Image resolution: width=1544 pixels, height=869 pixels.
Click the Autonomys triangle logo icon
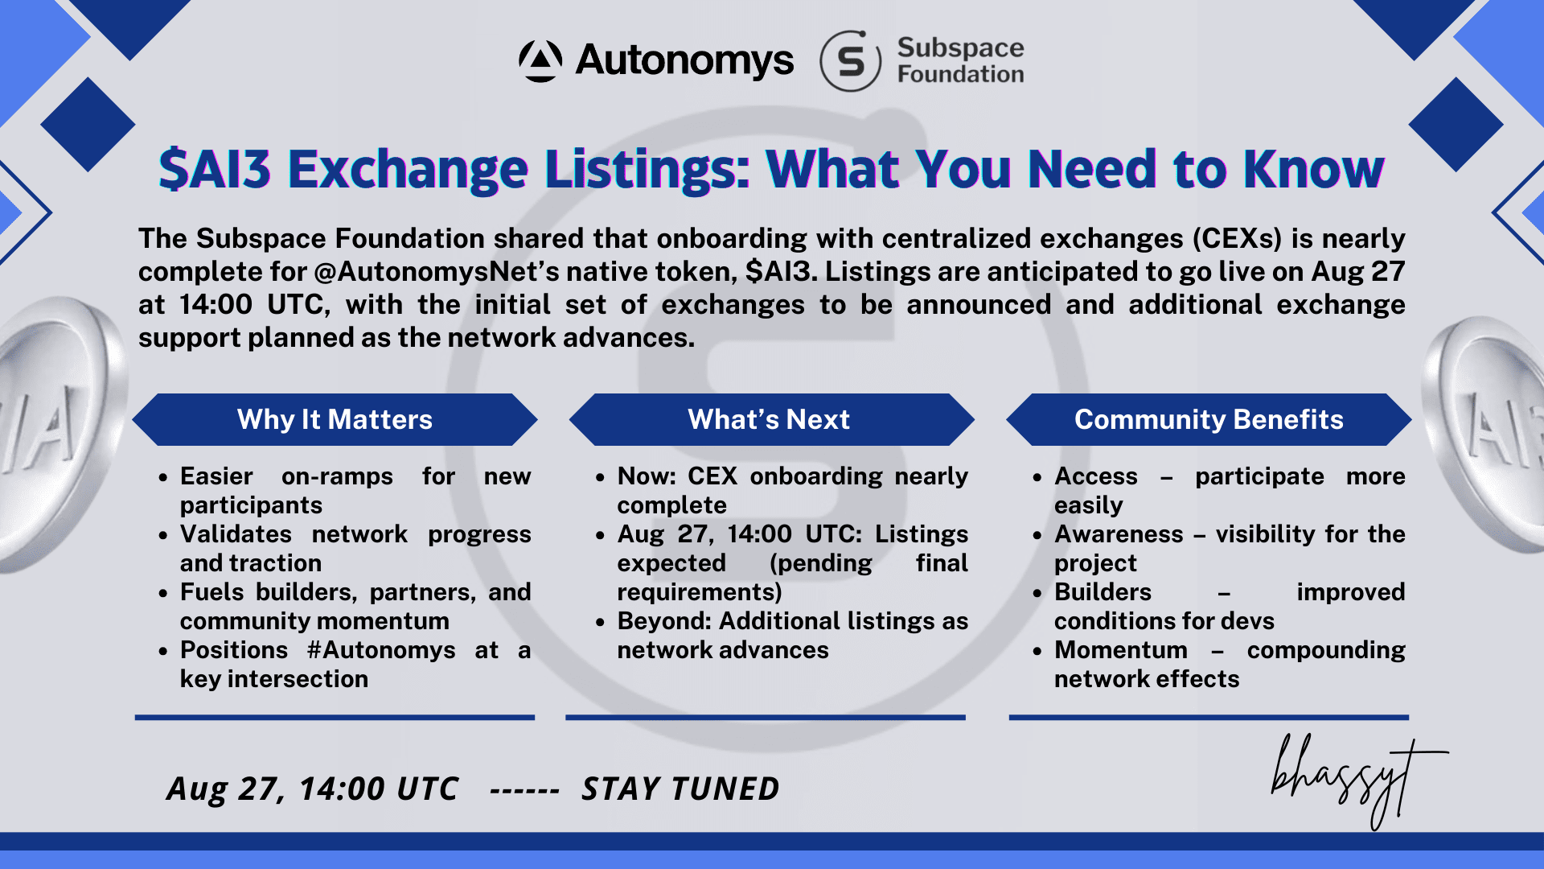pyautogui.click(x=540, y=61)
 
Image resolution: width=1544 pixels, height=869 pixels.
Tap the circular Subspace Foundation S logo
pyautogui.click(x=851, y=61)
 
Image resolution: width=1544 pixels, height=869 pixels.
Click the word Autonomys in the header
pyautogui.click(x=684, y=60)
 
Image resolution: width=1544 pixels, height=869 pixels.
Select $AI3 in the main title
pyautogui.click(x=215, y=170)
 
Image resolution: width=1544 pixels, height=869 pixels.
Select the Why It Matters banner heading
pyautogui.click(x=335, y=419)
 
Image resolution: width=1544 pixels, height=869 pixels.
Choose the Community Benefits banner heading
pyautogui.click(x=1209, y=419)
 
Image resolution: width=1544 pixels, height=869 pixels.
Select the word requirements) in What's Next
pyautogui.click(x=700, y=592)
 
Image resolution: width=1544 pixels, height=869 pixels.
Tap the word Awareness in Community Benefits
pyautogui.click(x=1119, y=534)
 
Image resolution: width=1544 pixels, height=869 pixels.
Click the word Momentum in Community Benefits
pyautogui.click(x=1121, y=650)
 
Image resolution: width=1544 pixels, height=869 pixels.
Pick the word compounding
pyautogui.click(x=1326, y=650)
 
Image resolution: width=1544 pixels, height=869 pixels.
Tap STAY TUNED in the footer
pyautogui.click(x=680, y=789)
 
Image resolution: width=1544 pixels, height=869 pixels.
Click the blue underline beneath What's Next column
pyautogui.click(x=766, y=717)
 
